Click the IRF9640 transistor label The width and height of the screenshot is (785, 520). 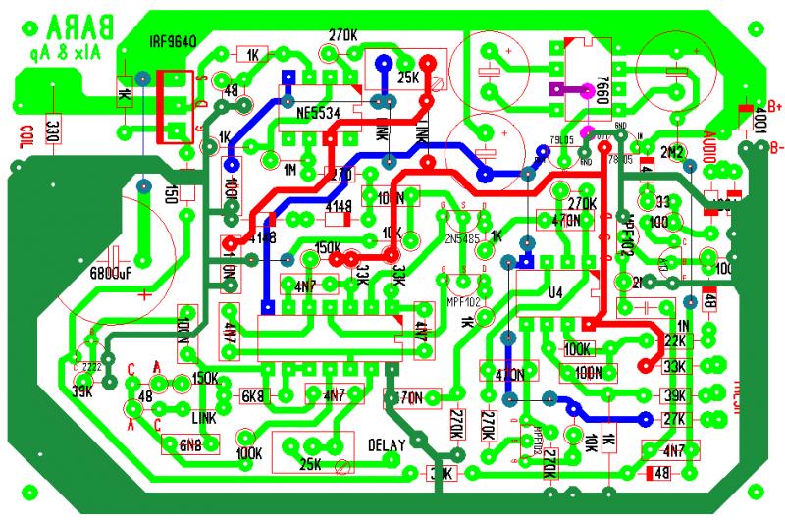(x=174, y=42)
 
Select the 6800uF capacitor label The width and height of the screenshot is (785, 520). (x=111, y=272)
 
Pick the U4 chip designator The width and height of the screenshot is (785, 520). (x=555, y=291)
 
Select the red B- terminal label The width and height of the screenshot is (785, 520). (x=775, y=148)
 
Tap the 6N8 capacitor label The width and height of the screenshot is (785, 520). (x=190, y=443)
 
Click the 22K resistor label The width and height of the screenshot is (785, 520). (x=674, y=340)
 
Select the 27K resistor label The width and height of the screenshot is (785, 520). (x=674, y=419)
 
